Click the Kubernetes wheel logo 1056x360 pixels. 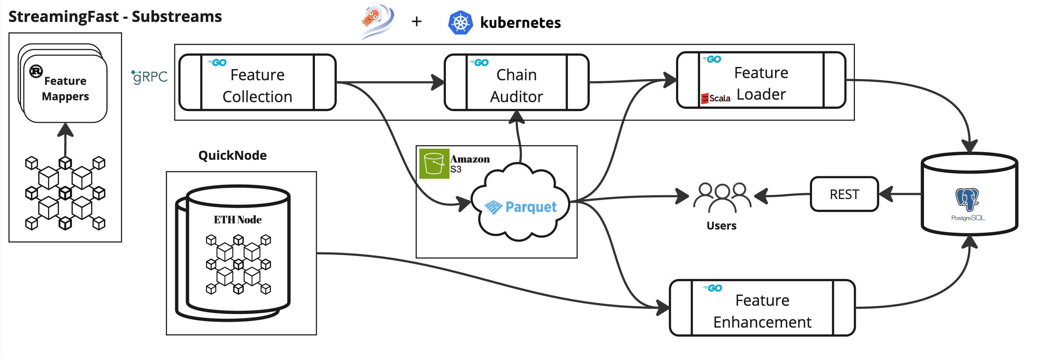(x=460, y=22)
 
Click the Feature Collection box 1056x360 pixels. (x=258, y=82)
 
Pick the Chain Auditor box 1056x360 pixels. (x=517, y=82)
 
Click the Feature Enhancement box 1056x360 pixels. (x=762, y=308)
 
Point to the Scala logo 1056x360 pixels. (x=715, y=98)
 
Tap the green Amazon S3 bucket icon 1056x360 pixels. (x=434, y=163)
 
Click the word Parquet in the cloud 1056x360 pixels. (x=530, y=207)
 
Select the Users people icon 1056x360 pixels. (x=722, y=196)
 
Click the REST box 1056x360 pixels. (x=844, y=194)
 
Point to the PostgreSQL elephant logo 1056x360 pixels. (x=967, y=199)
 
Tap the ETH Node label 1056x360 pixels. (x=238, y=220)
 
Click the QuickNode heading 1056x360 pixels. (x=233, y=155)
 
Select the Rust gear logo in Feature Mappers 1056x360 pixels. (x=36, y=71)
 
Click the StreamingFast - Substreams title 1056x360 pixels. (x=115, y=17)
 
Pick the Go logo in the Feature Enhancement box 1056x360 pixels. (x=713, y=288)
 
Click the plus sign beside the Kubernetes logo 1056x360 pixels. (x=416, y=21)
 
